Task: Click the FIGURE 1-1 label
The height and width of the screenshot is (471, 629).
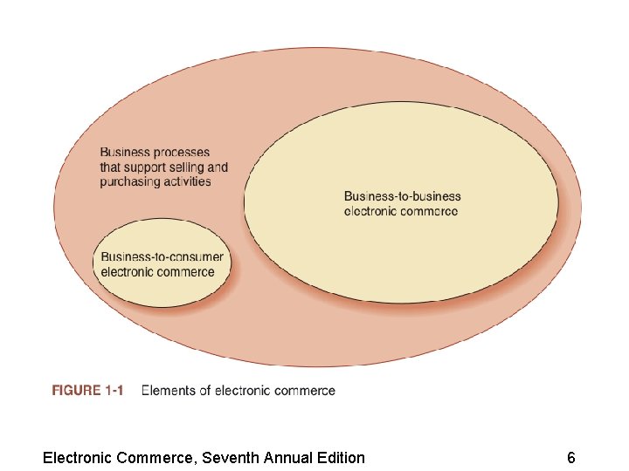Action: tap(87, 391)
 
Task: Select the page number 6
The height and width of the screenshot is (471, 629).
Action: tap(570, 457)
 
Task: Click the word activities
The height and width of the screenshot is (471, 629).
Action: tap(187, 181)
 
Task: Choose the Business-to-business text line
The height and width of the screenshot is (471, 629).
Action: tap(402, 196)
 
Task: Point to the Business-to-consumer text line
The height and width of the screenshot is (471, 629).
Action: tap(162, 257)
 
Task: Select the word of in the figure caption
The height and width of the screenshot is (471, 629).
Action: tap(205, 391)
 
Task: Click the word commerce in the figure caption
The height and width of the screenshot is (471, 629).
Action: tap(306, 391)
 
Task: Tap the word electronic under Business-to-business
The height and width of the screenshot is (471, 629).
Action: tap(370, 210)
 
